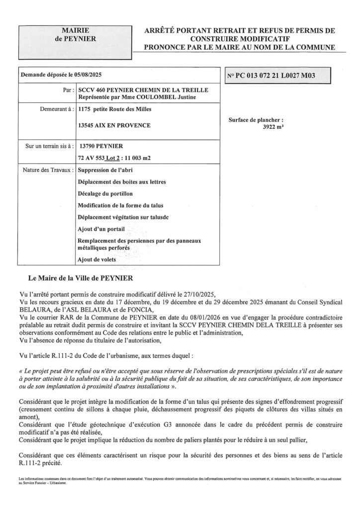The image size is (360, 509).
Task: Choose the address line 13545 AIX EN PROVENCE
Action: coord(114,125)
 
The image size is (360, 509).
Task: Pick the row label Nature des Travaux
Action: coord(48,170)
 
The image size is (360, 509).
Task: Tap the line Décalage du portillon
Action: coord(105,193)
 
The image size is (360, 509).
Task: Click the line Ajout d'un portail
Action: coord(101,229)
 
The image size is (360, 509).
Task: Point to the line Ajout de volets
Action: coord(98,259)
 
